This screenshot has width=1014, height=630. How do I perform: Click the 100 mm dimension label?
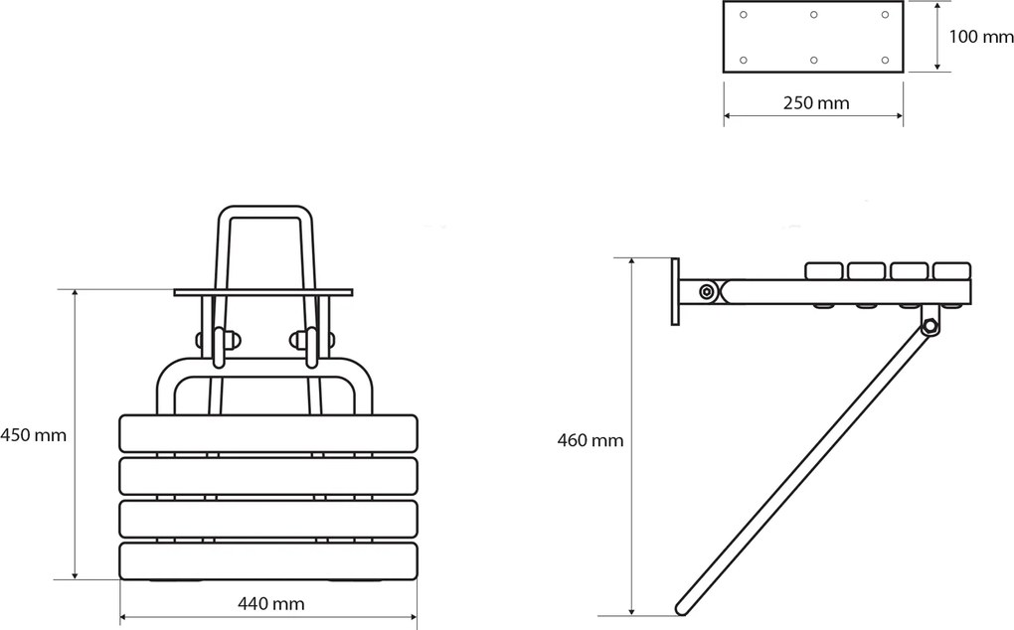[x=980, y=37]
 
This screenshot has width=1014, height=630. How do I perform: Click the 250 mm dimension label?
[x=816, y=102]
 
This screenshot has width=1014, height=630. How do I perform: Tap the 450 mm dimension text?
[x=33, y=435]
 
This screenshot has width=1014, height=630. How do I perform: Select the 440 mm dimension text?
[x=271, y=603]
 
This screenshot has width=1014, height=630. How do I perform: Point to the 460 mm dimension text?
[x=591, y=440]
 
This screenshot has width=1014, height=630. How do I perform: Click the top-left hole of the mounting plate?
[x=743, y=14]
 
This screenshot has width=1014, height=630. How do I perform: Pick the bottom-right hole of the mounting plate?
[x=886, y=60]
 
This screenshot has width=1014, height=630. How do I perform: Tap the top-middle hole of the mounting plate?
[x=813, y=14]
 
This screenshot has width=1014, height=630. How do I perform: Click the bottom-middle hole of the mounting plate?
[x=813, y=60]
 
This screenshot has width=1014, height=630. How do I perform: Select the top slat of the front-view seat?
[x=267, y=433]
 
